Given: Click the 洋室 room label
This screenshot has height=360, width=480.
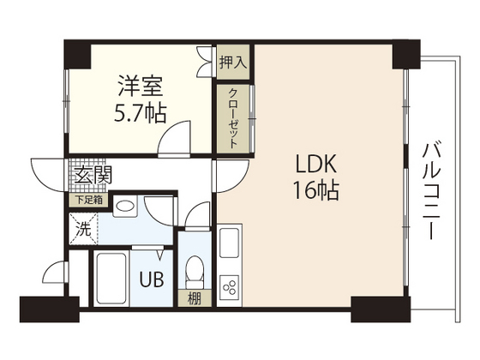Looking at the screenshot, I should click(141, 87).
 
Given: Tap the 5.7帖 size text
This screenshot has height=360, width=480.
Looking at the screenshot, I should click(141, 111).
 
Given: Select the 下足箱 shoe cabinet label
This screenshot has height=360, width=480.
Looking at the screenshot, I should click(87, 201).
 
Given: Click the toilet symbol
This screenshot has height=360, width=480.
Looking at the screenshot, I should click(194, 271).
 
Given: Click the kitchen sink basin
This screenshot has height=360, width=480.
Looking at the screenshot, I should click(231, 245).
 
